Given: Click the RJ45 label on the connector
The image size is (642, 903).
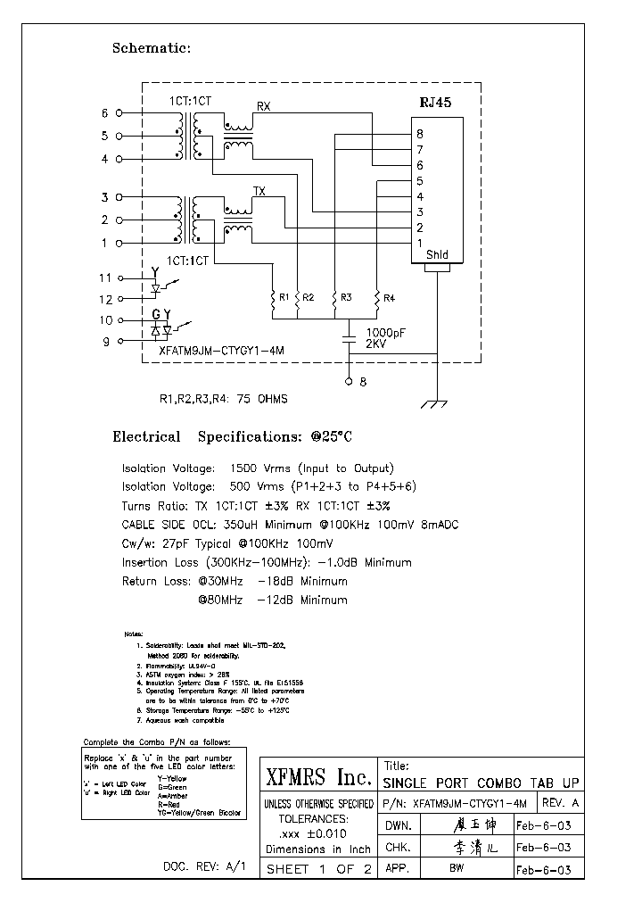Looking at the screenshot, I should (x=436, y=103).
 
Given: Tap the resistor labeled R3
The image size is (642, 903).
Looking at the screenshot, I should (x=334, y=296).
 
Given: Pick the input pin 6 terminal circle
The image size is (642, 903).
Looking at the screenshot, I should (x=119, y=113).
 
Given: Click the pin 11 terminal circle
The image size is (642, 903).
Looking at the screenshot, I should (x=119, y=278).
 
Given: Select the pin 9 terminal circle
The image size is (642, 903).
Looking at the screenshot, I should (x=119, y=340).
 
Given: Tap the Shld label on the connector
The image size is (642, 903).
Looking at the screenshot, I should (x=437, y=255).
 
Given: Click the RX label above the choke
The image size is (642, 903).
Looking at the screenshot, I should (x=264, y=106).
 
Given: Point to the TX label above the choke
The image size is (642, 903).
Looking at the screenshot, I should (x=259, y=191).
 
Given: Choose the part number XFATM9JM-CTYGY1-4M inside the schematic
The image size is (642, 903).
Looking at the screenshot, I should (x=221, y=352).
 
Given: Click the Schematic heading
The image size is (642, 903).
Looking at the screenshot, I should (x=151, y=48).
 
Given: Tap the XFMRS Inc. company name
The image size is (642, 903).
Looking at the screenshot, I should (x=318, y=778).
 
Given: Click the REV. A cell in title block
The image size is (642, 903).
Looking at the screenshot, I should (x=560, y=803).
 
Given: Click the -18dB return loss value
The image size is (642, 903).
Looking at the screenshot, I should (x=276, y=582).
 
